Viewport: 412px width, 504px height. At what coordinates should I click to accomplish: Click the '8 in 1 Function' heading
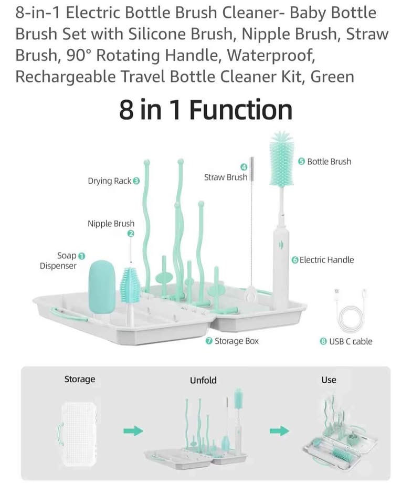tap(206, 110)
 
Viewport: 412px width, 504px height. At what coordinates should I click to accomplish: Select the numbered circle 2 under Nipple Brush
tap(131, 234)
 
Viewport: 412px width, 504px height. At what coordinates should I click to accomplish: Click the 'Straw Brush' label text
tap(226, 177)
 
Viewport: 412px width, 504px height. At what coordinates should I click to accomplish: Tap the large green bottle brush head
tap(281, 159)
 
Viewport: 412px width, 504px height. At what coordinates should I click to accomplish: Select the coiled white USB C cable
tap(350, 311)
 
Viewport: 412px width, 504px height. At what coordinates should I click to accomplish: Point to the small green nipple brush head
tap(131, 285)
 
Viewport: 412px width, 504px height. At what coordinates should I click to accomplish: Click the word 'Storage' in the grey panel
tap(80, 379)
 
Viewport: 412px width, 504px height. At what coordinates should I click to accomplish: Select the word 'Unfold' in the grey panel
tap(203, 380)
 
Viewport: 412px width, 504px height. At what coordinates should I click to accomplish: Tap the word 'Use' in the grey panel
tap(329, 380)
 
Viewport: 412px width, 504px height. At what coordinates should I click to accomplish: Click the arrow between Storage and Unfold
tap(133, 430)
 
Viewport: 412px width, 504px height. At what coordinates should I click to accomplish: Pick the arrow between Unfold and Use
tap(279, 430)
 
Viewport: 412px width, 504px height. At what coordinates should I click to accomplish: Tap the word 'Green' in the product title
tap(332, 77)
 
